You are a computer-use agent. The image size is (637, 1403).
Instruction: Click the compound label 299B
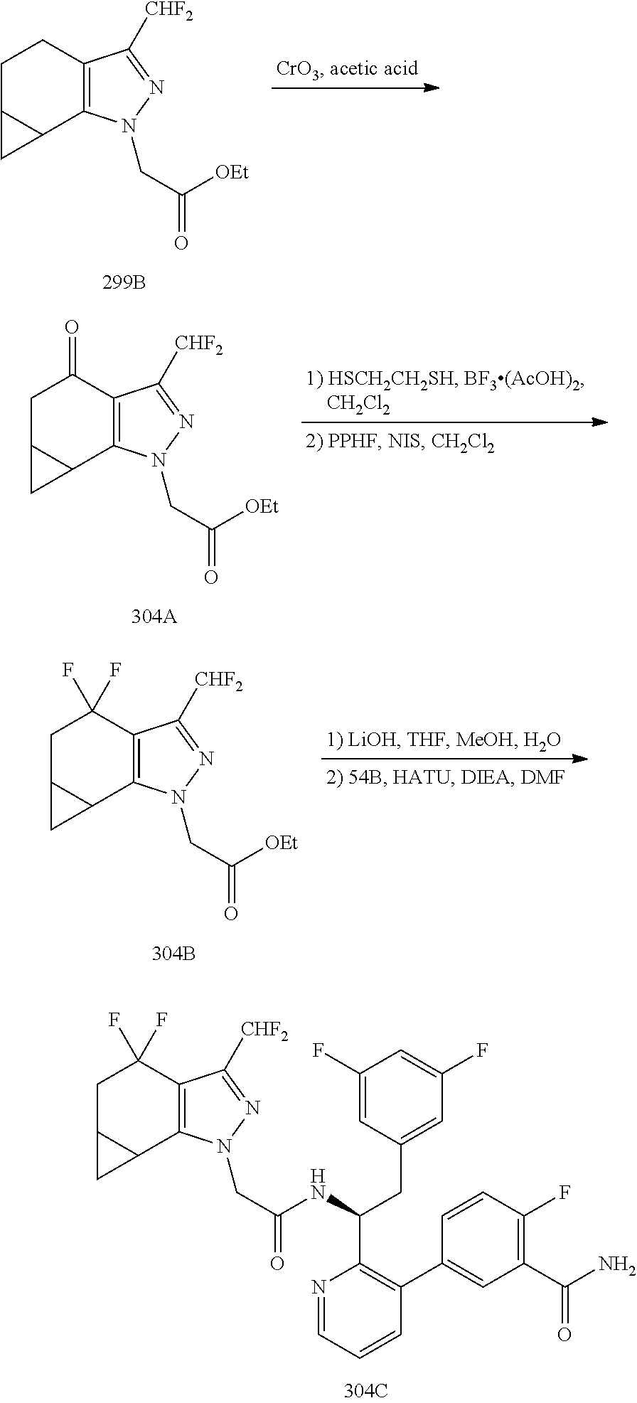124,284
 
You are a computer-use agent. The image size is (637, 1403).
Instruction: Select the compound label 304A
154,617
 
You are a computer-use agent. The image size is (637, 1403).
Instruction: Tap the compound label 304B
173,954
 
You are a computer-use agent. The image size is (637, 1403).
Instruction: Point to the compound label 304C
366,1389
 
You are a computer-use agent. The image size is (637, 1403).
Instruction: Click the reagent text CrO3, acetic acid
347,70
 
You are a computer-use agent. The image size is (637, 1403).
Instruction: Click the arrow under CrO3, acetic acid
355,87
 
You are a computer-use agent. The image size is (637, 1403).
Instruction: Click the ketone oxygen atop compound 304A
71,329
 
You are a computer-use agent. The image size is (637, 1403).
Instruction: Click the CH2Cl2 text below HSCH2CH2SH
359,404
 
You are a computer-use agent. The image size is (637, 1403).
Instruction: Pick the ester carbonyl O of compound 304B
230,913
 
